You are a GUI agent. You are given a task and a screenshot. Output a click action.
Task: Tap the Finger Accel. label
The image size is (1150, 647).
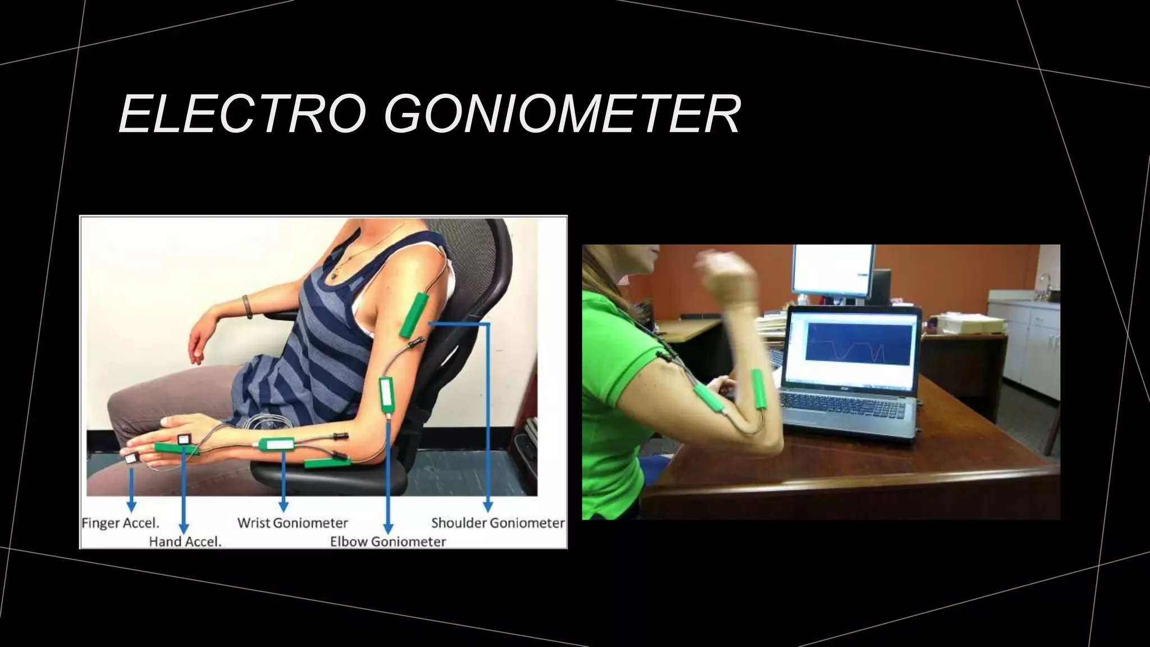[x=120, y=523]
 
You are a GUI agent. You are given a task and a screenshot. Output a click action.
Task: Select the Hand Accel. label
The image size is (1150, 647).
[x=185, y=542]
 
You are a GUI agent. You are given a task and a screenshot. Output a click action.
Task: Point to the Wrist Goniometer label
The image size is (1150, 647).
[x=293, y=523]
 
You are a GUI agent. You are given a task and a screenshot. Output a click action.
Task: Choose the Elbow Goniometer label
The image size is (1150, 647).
[x=387, y=542]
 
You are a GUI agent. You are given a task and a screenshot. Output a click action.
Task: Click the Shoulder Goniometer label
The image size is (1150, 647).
[x=498, y=523]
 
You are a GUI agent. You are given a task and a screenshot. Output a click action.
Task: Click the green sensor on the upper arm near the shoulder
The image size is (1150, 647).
[x=414, y=315]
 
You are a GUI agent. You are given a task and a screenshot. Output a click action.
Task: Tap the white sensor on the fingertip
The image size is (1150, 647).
[x=132, y=458]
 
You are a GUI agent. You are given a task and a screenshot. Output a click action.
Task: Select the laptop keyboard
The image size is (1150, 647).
[x=842, y=404]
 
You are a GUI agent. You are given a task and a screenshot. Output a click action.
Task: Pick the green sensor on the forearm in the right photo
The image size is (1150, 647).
[x=759, y=389]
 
